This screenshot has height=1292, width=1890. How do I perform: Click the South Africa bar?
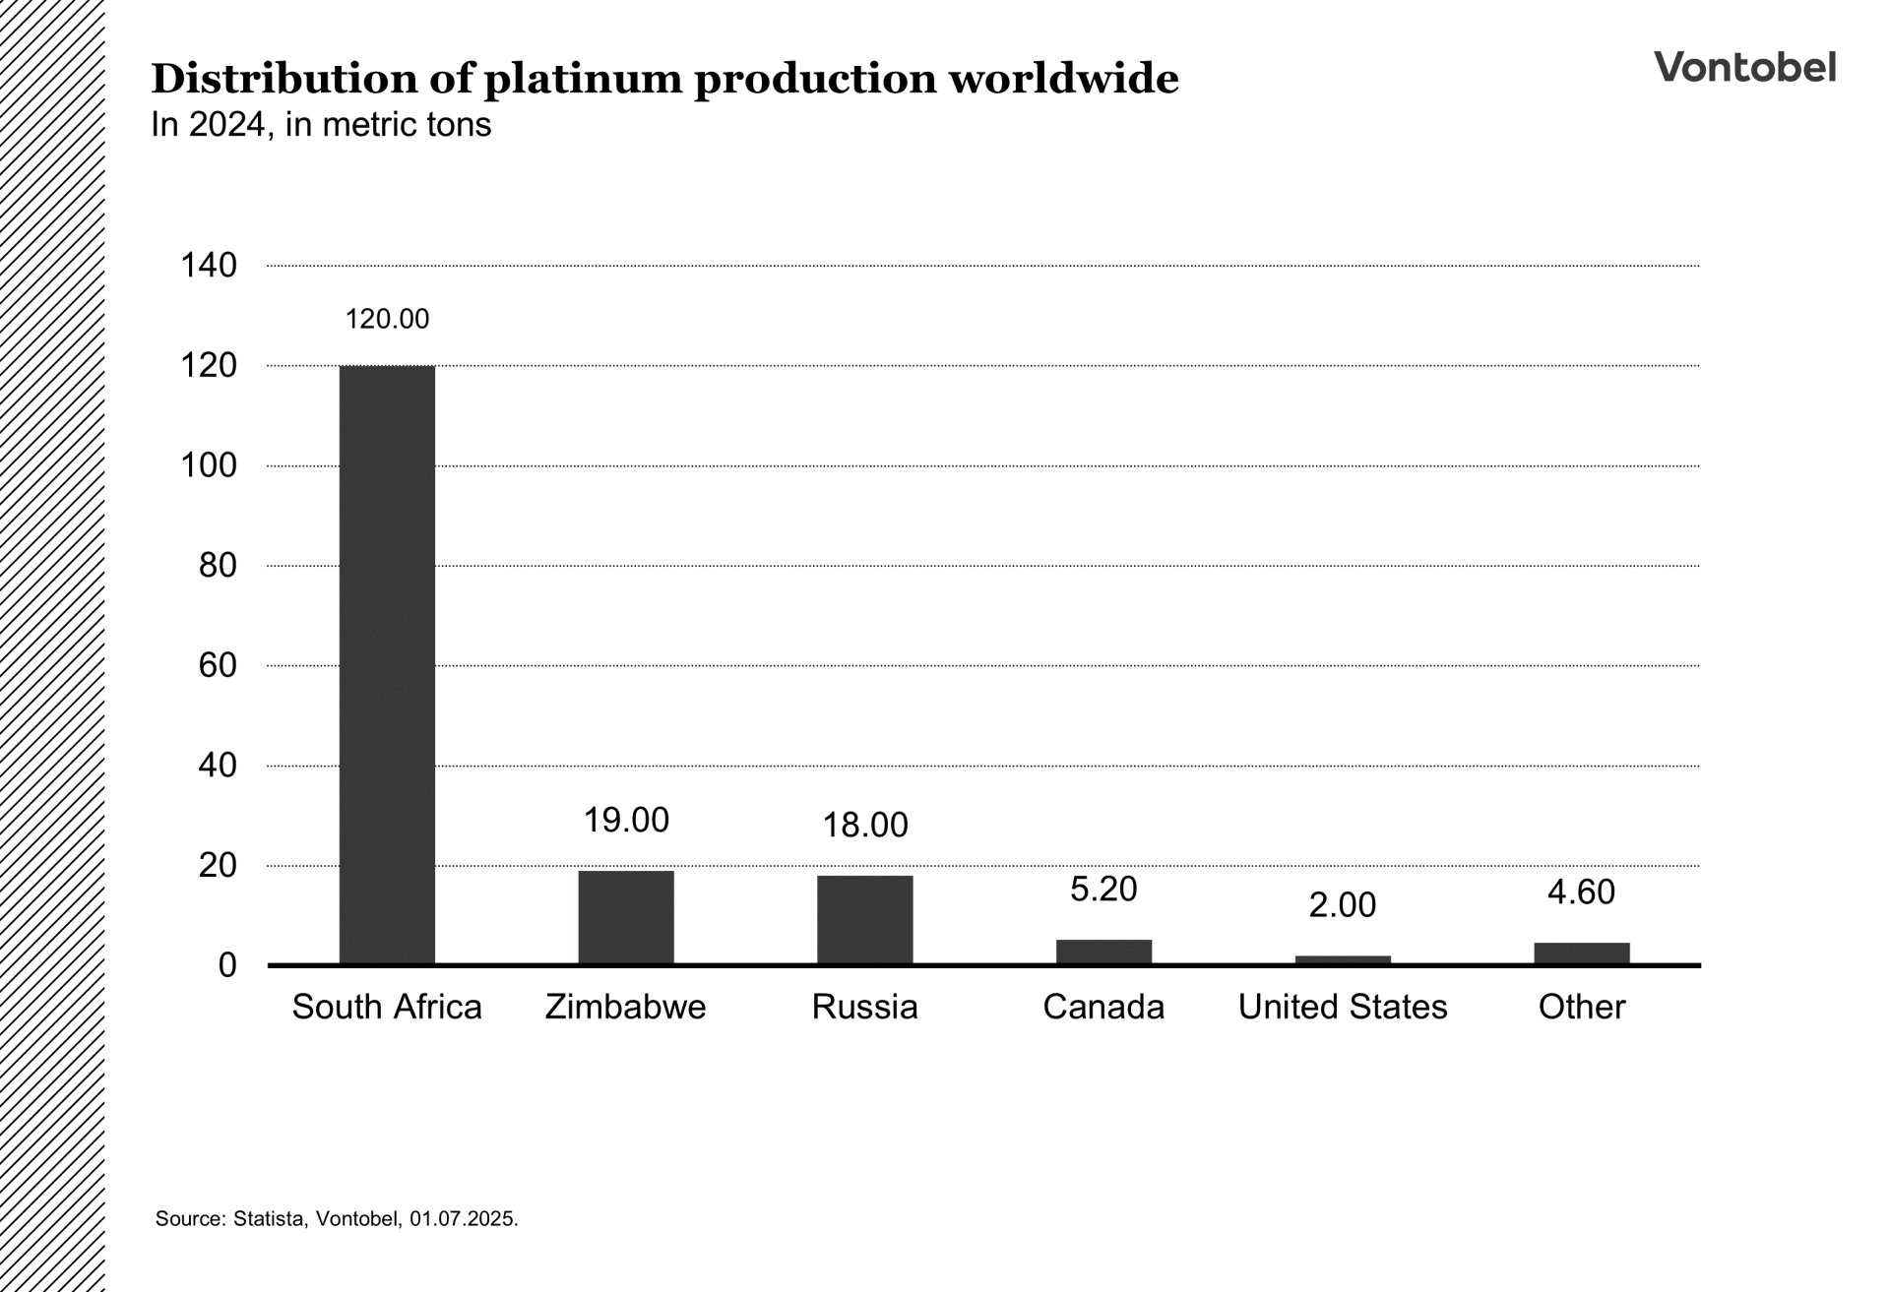click(387, 664)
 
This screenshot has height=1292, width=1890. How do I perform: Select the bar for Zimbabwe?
click(626, 917)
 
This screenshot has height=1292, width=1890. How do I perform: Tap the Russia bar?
click(864, 919)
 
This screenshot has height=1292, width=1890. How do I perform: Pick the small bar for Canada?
click(1103, 952)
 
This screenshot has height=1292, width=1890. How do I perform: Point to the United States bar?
click(1343, 959)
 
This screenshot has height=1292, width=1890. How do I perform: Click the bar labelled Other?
click(1581, 953)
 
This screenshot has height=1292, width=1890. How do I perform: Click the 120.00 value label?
click(387, 319)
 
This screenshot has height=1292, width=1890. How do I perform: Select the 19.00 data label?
click(626, 820)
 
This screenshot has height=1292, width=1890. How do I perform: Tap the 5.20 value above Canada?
click(1103, 889)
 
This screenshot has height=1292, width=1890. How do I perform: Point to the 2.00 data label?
click(1343, 904)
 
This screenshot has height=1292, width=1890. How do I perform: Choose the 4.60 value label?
click(1581, 892)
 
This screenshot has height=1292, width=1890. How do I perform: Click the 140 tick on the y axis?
click(209, 265)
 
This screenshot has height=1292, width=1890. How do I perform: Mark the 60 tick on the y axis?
click(218, 665)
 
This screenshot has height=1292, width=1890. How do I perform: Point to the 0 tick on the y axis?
click(227, 965)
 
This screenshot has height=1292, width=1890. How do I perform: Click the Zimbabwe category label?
click(626, 1007)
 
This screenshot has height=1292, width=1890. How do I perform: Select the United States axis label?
click(1343, 1007)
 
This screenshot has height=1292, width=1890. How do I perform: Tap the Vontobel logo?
click(1744, 67)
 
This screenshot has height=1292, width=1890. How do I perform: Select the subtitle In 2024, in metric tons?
click(321, 125)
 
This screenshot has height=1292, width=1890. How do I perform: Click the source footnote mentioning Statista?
click(337, 1218)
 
